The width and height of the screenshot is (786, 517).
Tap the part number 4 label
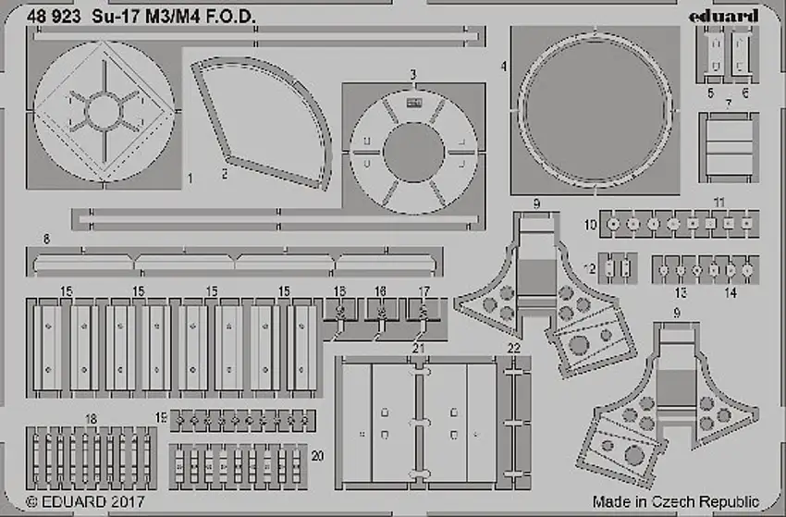[x=503, y=68]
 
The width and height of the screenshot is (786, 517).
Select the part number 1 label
[x=189, y=176]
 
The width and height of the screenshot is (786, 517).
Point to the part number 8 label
[x=43, y=240]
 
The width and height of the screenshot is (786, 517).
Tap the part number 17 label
[x=424, y=290]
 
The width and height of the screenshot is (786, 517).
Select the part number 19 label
[x=161, y=419]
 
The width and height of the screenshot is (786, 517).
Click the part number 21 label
[x=418, y=349]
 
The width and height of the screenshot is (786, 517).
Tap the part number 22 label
[x=513, y=349]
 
